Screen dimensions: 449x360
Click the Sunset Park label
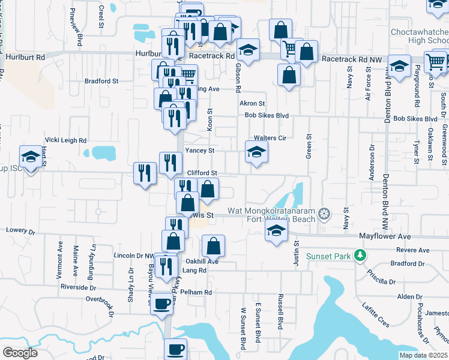click(328, 256)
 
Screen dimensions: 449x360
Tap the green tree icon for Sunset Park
click(360, 256)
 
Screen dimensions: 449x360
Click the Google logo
click(20, 353)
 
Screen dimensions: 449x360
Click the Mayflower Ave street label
click(385, 236)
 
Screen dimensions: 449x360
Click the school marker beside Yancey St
click(256, 152)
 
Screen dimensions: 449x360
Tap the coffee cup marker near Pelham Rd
click(161, 302)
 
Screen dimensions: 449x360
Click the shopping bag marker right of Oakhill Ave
click(213, 245)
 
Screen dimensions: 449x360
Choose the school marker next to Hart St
click(29, 157)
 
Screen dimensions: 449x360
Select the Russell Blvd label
click(280, 311)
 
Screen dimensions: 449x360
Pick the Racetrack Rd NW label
click(351, 59)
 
